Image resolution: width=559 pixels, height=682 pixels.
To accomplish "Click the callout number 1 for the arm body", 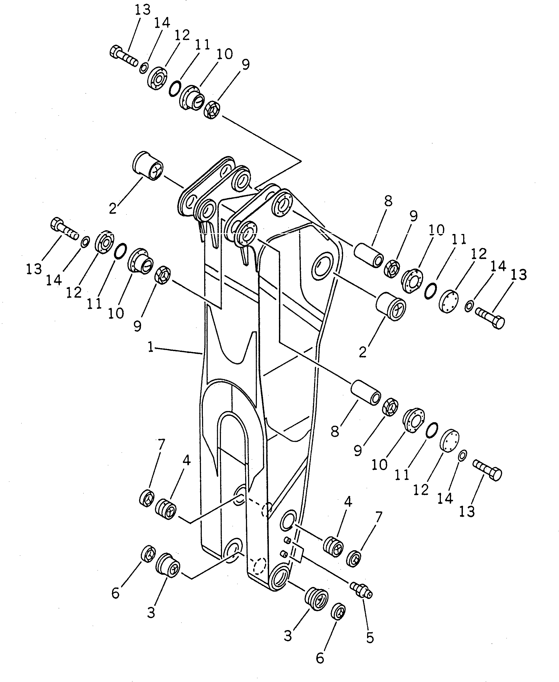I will pos(150,347).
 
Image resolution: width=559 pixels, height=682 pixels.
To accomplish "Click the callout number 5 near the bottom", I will pos(370,638).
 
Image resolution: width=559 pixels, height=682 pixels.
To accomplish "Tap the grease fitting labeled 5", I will pos(361,590).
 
